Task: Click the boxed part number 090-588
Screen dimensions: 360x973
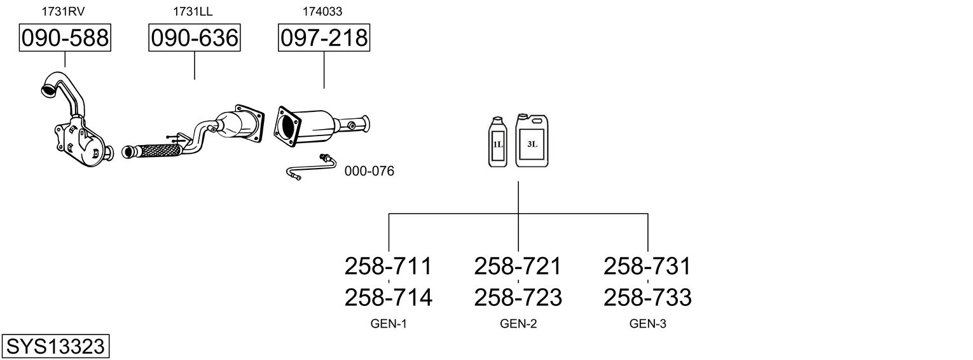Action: tap(64, 38)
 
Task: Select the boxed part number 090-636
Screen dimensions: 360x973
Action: tap(194, 38)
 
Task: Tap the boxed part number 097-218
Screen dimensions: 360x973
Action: tap(324, 38)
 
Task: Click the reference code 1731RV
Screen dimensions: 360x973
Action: tap(64, 11)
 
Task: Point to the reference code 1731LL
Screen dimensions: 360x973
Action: tap(193, 11)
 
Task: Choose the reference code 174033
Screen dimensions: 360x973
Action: tap(323, 11)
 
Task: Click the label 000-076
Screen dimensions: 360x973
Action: tap(369, 171)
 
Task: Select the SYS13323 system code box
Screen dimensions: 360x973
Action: tap(55, 347)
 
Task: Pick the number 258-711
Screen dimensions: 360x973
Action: tap(388, 266)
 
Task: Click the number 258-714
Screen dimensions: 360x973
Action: tap(388, 297)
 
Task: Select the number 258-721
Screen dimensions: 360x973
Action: tap(518, 266)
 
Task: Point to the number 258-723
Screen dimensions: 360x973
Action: tap(518, 297)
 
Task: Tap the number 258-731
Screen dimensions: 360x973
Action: tap(647, 266)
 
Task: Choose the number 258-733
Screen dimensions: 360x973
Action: tap(647, 297)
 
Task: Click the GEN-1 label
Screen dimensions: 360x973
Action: tap(388, 324)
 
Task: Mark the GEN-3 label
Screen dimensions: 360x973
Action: tap(647, 324)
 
